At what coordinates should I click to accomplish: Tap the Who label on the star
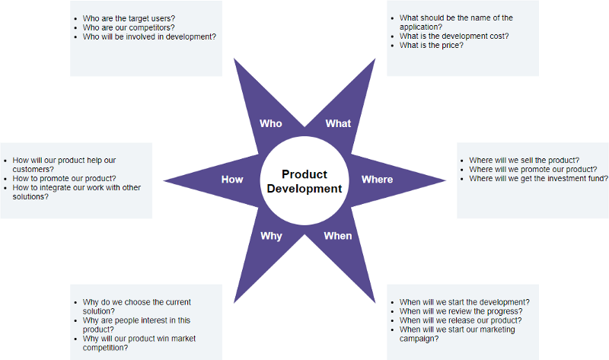point(270,123)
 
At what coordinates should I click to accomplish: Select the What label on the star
point(338,123)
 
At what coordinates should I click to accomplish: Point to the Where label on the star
point(377,180)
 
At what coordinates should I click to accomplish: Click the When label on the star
point(338,236)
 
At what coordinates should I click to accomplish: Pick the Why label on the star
point(271,236)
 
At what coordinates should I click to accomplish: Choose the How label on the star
point(232,180)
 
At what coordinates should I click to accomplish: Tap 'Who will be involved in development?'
point(148,36)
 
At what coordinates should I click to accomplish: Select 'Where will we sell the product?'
point(524,160)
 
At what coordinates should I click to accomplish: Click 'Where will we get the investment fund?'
point(538,178)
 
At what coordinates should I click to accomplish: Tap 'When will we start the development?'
point(464,302)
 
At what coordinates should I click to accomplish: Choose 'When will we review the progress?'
point(461,311)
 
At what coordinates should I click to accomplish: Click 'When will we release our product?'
point(460,320)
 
